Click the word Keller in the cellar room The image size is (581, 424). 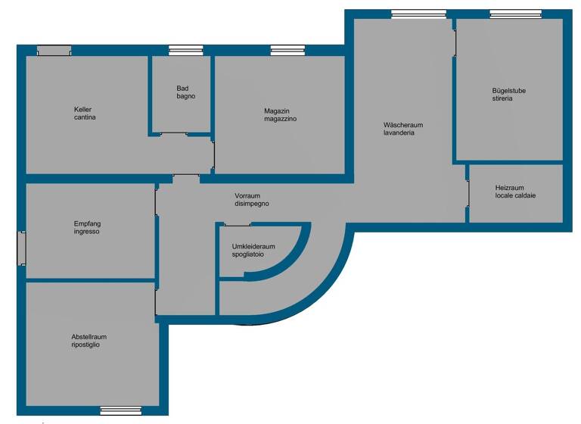[83, 109]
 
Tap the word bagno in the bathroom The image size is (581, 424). [186, 97]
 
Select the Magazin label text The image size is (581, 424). [277, 111]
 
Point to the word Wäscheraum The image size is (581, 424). [402, 124]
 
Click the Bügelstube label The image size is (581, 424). [508, 91]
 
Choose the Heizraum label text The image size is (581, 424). [509, 188]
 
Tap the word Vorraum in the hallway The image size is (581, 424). [247, 195]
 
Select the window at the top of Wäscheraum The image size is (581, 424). [418, 14]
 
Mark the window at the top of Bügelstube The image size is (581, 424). [514, 14]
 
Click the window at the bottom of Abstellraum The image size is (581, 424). [121, 410]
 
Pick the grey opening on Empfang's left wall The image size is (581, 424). [21, 248]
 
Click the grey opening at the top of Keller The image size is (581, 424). [54, 51]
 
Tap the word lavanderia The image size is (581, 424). [399, 132]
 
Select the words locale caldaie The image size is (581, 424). [515, 196]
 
